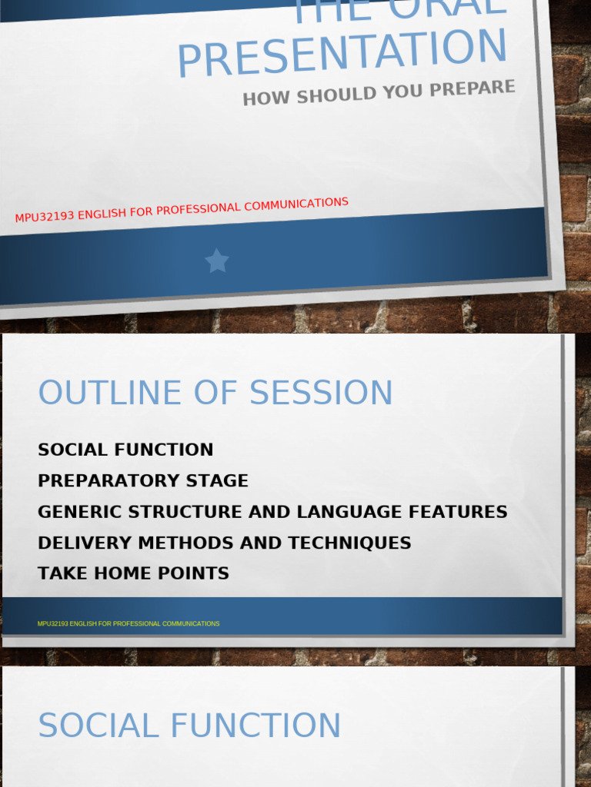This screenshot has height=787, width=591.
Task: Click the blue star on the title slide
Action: [x=217, y=261]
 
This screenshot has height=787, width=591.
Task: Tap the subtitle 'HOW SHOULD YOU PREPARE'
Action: [x=379, y=92]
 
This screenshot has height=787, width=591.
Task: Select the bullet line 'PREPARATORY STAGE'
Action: [x=143, y=481]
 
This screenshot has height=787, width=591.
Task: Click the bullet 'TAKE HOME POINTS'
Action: [x=133, y=573]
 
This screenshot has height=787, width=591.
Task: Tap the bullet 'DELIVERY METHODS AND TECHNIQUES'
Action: [x=224, y=543]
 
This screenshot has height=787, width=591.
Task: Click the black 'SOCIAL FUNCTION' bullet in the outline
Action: [x=125, y=450]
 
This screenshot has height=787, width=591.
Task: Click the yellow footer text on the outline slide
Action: [x=129, y=623]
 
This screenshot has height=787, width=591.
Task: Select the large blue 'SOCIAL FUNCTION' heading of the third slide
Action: [x=189, y=726]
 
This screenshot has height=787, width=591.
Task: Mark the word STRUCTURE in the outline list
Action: [x=182, y=512]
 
